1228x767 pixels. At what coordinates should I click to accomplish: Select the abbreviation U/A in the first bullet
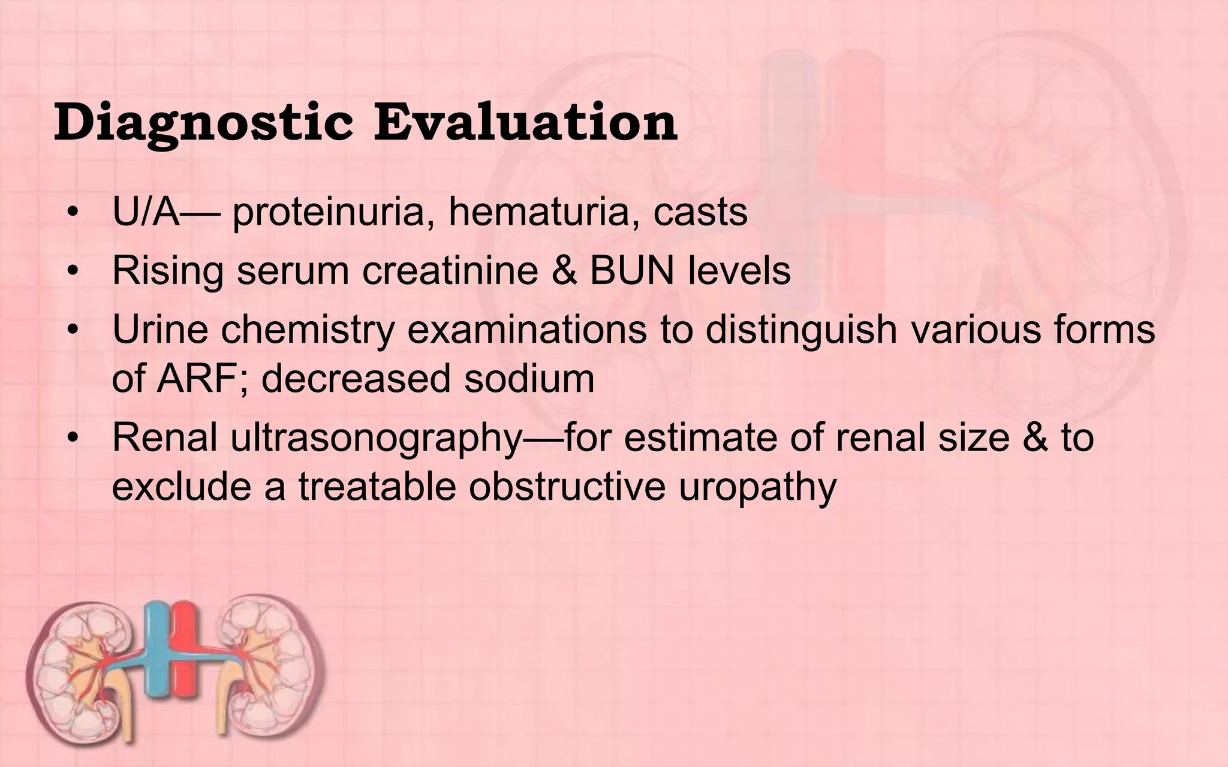coord(146,212)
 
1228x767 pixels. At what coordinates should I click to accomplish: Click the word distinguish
coord(800,331)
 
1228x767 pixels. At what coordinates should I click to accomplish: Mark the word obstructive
coord(567,487)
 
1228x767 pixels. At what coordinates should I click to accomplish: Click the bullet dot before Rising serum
coord(73,271)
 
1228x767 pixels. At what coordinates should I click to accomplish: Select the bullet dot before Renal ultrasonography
coord(73,439)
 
